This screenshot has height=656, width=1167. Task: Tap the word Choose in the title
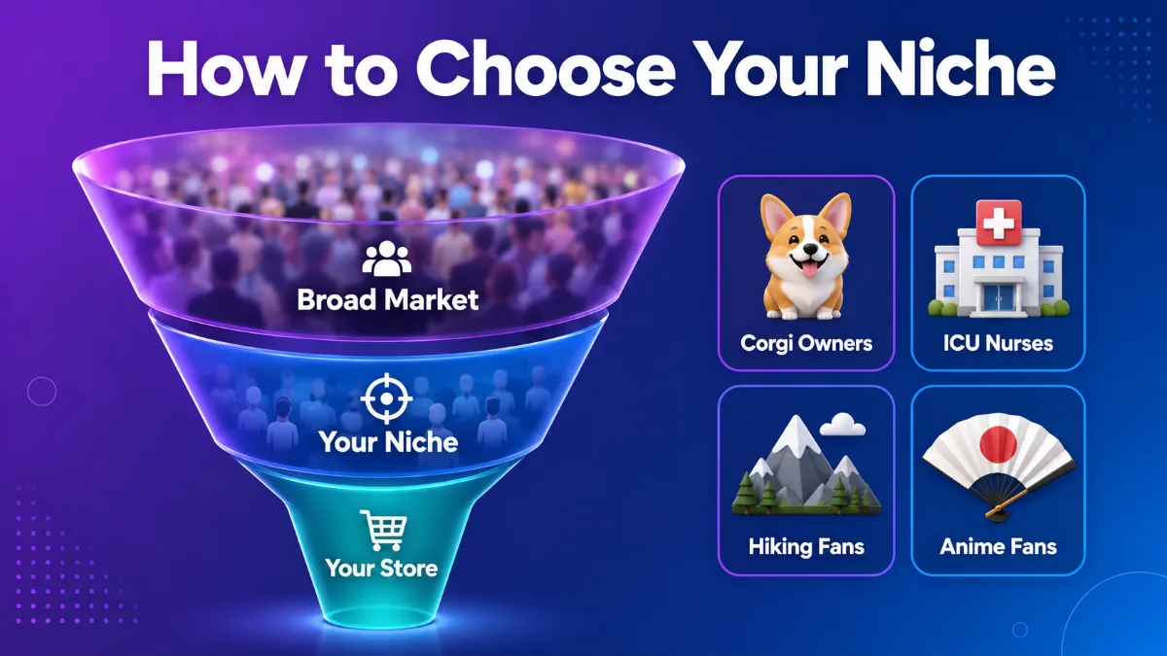click(x=546, y=68)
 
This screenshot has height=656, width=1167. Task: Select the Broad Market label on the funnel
click(x=388, y=300)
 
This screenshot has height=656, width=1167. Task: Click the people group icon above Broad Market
click(x=387, y=259)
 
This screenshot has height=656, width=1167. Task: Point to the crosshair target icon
click(x=387, y=398)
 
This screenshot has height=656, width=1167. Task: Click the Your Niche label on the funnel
click(x=389, y=442)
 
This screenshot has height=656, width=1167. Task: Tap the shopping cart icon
click(x=383, y=530)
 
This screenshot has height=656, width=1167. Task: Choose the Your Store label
click(x=381, y=568)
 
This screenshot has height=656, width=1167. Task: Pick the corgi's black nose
click(x=808, y=250)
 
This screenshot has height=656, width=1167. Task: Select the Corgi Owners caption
click(x=806, y=343)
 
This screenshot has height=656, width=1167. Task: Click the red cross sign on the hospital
click(x=998, y=223)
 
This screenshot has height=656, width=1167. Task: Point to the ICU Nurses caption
click(x=998, y=343)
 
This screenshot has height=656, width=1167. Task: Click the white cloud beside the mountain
click(x=842, y=425)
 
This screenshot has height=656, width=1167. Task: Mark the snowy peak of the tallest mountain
click(x=796, y=433)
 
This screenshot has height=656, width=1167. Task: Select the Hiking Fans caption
click(x=806, y=546)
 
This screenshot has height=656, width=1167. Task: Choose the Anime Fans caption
click(x=998, y=546)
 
